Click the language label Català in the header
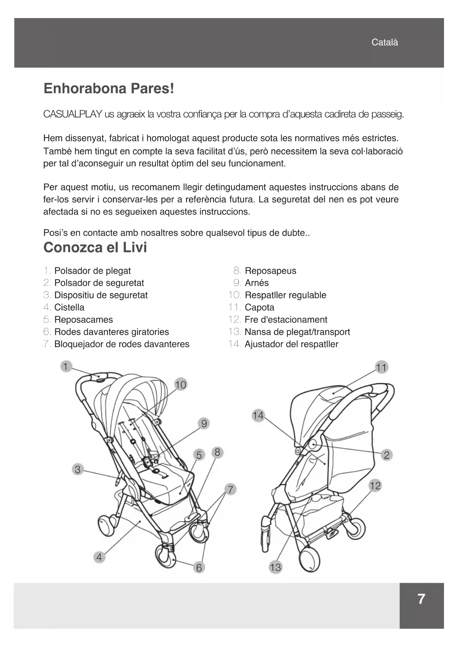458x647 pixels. [x=385, y=42]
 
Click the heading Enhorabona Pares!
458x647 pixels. [x=109, y=89]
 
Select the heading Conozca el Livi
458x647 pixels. [x=95, y=248]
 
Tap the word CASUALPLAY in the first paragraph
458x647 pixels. [x=73, y=114]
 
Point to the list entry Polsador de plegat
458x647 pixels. [x=92, y=271]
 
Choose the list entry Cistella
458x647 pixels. [x=69, y=307]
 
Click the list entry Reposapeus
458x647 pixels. [x=270, y=271]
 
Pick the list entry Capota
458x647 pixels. [x=259, y=307]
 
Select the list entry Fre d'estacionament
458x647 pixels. [x=286, y=319]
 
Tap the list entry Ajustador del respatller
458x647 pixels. [x=291, y=344]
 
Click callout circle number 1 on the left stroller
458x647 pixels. [x=66, y=367]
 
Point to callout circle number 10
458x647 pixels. [x=180, y=385]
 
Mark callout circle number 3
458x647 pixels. [x=78, y=470]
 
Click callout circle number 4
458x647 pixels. [x=99, y=557]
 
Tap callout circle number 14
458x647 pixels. [x=258, y=416]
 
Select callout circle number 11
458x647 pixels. [x=381, y=367]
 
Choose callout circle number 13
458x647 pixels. [x=275, y=567]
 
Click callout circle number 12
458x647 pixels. [x=375, y=485]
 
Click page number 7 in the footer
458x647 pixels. [x=421, y=599]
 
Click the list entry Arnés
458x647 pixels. [x=256, y=283]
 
